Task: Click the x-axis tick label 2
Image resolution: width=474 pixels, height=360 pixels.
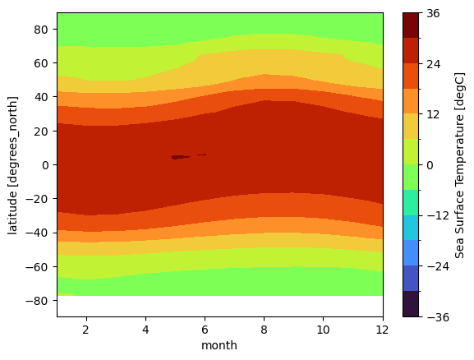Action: click(x=86, y=330)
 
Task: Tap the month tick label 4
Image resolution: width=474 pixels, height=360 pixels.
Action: click(x=145, y=330)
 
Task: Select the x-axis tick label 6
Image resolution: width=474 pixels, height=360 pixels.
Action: click(x=205, y=330)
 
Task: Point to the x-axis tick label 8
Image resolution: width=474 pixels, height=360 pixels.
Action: click(x=264, y=330)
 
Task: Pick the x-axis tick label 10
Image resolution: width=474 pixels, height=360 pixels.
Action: click(x=323, y=330)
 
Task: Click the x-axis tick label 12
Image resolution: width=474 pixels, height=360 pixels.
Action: click(x=382, y=330)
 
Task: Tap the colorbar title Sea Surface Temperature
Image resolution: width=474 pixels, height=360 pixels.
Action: click(x=460, y=164)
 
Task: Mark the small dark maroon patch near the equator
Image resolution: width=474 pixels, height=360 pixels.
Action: click(x=179, y=156)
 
